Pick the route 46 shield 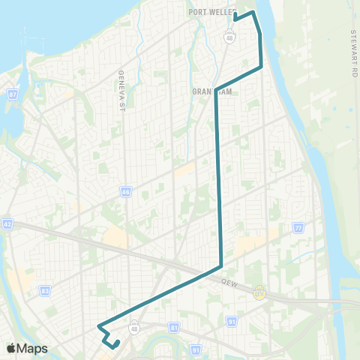coord(125,192)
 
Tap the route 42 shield coord(7,223)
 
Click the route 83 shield coord(45,290)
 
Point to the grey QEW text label coord(229,281)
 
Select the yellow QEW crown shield coord(259,292)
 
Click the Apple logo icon coord(11,348)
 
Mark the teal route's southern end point coord(117,343)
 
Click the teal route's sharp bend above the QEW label coord(220,266)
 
